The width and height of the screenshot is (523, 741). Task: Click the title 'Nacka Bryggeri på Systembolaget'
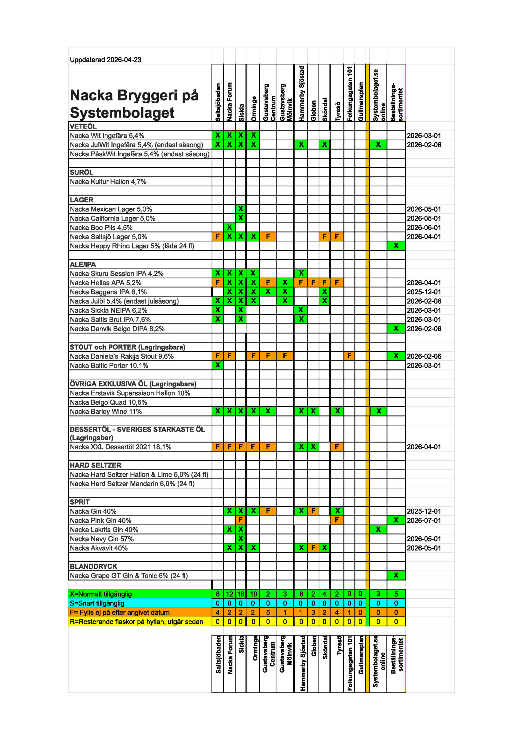click(134, 104)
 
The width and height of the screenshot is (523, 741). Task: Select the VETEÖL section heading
click(83, 126)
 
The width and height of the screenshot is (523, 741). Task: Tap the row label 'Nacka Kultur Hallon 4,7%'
click(108, 182)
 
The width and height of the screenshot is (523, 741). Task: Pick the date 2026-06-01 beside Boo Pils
click(424, 228)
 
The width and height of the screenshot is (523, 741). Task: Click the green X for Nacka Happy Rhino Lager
click(396, 246)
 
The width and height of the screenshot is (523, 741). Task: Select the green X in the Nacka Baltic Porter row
click(217, 365)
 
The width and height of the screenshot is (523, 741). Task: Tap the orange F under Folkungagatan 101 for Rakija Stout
click(349, 356)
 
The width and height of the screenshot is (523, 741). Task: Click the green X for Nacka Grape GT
click(396, 575)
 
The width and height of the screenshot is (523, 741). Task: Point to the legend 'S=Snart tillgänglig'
click(97, 603)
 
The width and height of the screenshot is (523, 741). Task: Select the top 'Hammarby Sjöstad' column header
click(301, 93)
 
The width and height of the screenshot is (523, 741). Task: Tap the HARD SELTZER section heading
click(95, 465)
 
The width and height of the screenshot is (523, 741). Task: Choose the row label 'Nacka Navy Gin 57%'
click(101, 539)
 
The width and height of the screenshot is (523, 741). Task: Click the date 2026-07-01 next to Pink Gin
click(424, 520)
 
